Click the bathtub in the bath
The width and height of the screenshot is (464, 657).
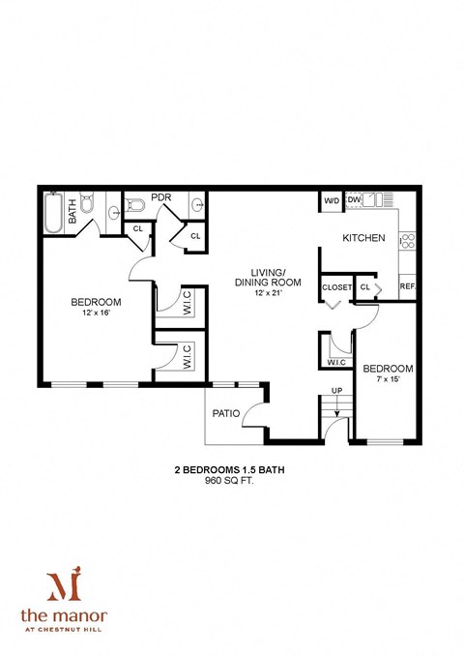click(52, 212)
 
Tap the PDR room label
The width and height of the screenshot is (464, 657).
click(161, 197)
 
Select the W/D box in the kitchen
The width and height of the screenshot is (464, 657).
click(332, 201)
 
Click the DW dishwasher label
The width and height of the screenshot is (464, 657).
click(354, 201)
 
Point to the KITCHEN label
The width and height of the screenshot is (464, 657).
click(363, 238)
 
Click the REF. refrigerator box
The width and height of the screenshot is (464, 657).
click(407, 286)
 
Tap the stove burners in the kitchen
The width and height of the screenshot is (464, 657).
click(408, 239)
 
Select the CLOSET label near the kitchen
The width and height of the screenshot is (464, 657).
click(336, 287)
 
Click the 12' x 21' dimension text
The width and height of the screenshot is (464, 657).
click(272, 294)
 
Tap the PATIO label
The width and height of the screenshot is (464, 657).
click(225, 413)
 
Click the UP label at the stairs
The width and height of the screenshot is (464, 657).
click(336, 391)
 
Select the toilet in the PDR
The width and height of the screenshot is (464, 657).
click(135, 205)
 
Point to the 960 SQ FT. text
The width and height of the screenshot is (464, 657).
click(229, 484)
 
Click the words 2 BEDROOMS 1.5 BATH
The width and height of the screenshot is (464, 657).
click(229, 471)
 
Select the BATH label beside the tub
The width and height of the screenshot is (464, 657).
click(72, 213)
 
